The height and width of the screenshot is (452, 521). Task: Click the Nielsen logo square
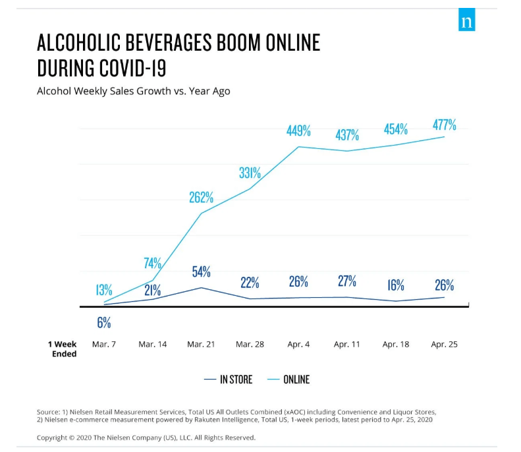[466, 22]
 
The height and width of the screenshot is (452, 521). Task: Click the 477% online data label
[445, 125]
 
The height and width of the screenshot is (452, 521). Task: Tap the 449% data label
[298, 131]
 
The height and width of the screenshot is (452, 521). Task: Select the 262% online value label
[201, 197]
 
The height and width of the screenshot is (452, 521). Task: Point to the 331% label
[250, 174]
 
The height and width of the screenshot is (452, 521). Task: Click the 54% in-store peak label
[201, 272]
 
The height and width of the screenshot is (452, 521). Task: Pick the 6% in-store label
[104, 323]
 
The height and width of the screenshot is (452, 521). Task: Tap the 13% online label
[104, 290]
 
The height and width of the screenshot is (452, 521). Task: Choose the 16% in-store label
[395, 285]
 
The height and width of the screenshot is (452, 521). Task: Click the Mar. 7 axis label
[104, 345]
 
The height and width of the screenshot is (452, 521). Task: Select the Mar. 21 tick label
[201, 345]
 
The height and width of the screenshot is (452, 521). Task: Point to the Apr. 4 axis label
[298, 345]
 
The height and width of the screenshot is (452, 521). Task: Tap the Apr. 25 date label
[444, 345]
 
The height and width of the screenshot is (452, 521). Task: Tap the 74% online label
[153, 264]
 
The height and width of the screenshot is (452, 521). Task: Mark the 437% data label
[347, 135]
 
